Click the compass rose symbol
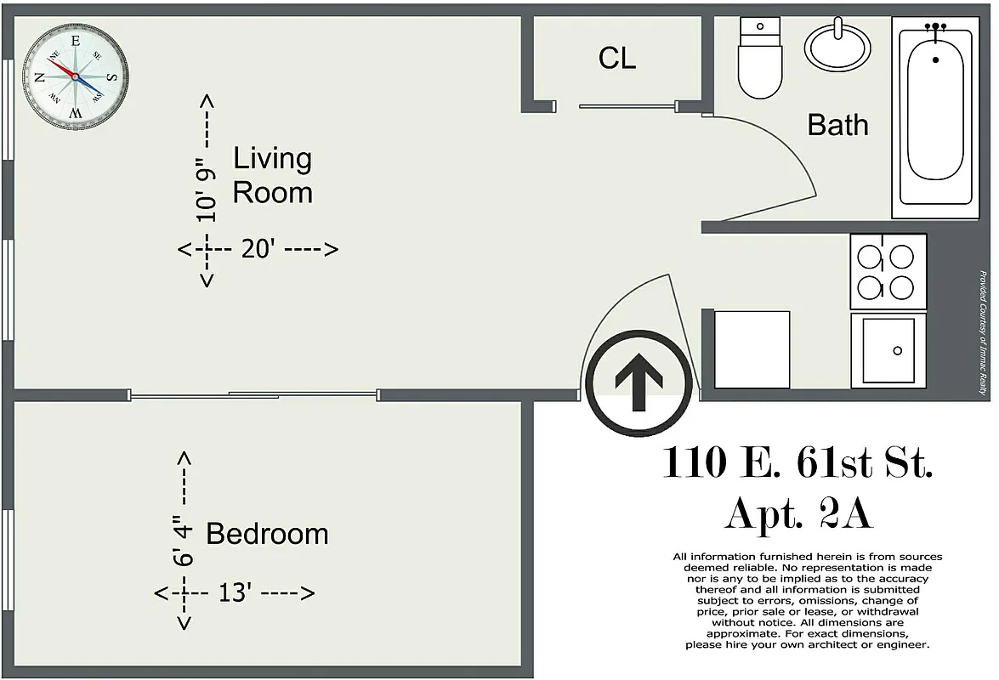tap(75, 76)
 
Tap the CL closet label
tap(616, 58)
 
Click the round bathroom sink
tap(837, 46)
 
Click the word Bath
tap(837, 125)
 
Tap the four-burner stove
tap(885, 271)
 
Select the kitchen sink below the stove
tap(888, 350)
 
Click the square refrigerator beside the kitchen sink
tap(752, 349)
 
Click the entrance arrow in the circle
tap(639, 382)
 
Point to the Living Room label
tap(272, 175)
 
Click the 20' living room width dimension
tap(258, 249)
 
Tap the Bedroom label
tap(267, 534)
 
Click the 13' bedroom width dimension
tap(235, 592)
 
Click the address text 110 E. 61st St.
tap(797, 463)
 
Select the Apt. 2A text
tap(797, 514)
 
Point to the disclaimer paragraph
tap(807, 601)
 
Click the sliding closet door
tap(627, 106)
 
